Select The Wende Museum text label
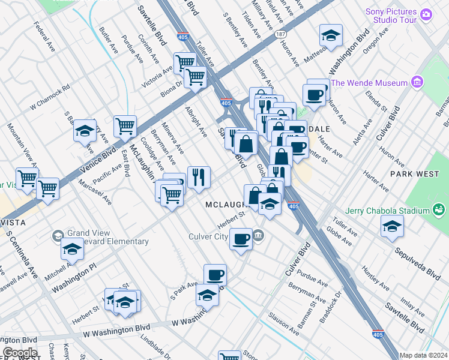369,83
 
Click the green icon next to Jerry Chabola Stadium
439,211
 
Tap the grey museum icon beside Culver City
258,235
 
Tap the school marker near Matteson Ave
331,36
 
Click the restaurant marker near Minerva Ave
199,177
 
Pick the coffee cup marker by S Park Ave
215,275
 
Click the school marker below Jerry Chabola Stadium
392,227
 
